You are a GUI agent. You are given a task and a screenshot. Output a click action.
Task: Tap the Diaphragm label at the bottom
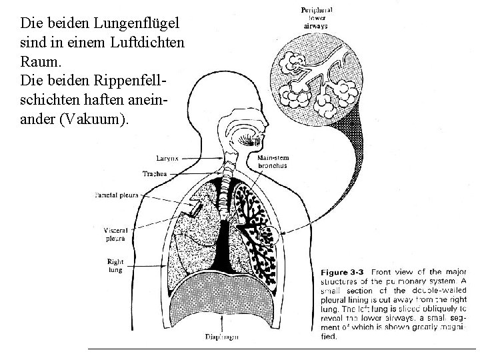point(222,337)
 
